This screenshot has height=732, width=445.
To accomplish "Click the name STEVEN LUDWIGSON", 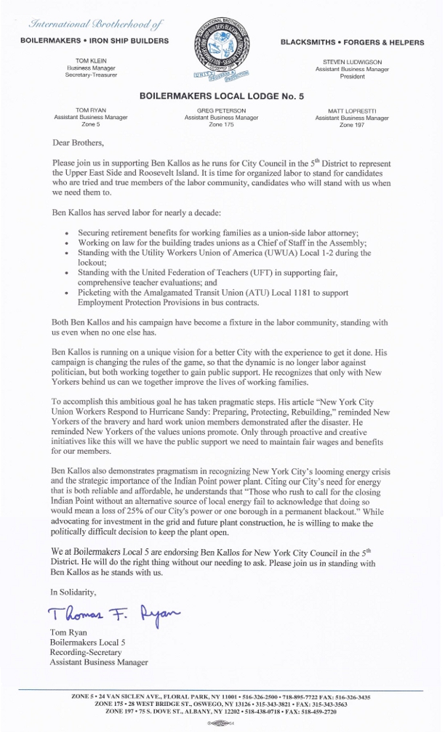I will [352, 62].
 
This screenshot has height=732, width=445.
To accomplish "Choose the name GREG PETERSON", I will [221, 110].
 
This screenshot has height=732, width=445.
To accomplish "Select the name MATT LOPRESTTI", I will [352, 110].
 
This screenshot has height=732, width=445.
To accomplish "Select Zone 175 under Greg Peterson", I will [221, 124].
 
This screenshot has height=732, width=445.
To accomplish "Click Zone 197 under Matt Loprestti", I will [352, 124].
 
